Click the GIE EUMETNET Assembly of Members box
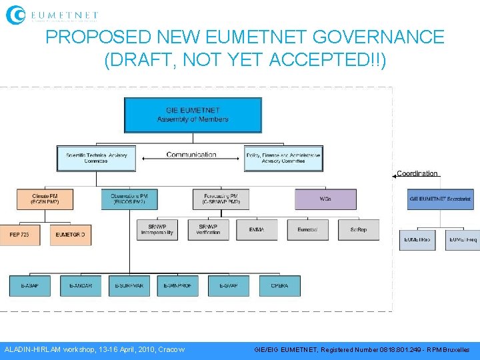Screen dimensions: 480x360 point(193,115)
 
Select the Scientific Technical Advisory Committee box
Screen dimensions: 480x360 point(97,158)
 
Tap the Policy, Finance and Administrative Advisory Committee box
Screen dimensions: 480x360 point(283,158)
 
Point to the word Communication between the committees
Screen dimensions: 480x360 point(191,155)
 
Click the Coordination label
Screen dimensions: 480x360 point(417,174)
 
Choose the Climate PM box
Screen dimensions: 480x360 point(45,199)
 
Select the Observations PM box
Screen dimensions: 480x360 point(129,199)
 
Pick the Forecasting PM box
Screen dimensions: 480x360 point(221,199)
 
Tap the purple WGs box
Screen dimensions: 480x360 point(325,199)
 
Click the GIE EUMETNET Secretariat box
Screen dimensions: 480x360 point(440,199)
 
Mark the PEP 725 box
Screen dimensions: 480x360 point(20,235)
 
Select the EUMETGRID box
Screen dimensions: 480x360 point(71,235)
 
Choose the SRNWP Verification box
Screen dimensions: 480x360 point(208,229)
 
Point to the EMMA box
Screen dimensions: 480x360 point(257,229)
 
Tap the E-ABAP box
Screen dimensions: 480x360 point(29,285)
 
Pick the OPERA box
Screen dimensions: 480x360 point(279,285)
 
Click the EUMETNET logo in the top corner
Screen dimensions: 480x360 point(52,14)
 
